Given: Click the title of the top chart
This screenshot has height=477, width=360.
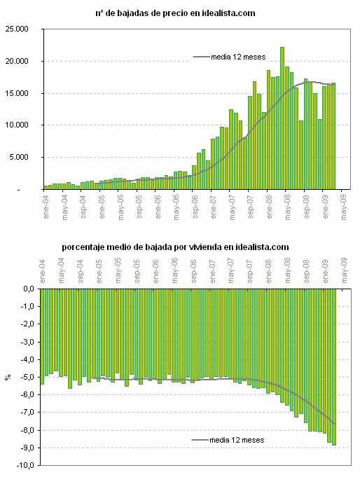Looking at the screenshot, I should click(174, 13).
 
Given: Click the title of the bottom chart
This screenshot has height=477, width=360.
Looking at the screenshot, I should click(175, 247).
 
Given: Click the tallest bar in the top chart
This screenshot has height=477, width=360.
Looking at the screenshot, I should click(282, 118).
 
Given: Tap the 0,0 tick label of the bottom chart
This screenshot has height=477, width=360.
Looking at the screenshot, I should click(28, 289).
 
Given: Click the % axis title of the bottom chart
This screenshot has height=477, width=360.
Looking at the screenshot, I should click(8, 377).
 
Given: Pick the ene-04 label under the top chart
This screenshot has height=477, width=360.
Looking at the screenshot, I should click(46, 204).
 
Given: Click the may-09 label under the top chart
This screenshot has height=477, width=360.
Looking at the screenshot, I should click(342, 204).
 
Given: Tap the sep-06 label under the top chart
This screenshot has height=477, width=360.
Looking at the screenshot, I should click(194, 204).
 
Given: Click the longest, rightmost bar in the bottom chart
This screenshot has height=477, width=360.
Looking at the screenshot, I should click(334, 366).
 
